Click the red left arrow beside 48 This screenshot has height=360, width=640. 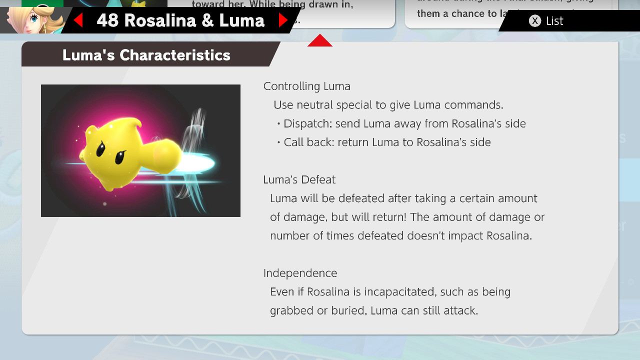tap(78, 20)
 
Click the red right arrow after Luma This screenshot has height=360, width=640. tap(282, 20)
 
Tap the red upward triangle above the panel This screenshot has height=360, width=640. tap(320, 41)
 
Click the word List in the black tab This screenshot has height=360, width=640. tap(554, 21)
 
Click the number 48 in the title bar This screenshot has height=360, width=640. tap(107, 20)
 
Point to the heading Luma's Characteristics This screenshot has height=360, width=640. tap(146, 55)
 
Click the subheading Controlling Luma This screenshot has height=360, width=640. tap(306, 86)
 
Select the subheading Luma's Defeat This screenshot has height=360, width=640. tap(299, 179)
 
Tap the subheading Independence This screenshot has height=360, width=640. tap(300, 273)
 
